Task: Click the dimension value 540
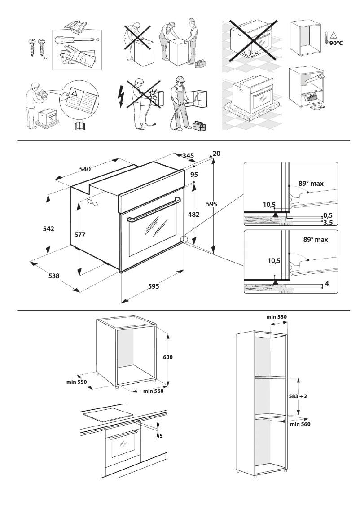85,169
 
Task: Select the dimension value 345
188,155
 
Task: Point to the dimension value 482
193,215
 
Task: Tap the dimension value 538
54,276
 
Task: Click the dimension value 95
194,174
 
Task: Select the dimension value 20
217,154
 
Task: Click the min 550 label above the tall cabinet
277,317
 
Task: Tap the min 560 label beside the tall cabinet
300,424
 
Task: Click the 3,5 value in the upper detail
328,222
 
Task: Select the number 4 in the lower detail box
327,284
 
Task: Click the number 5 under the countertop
160,435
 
